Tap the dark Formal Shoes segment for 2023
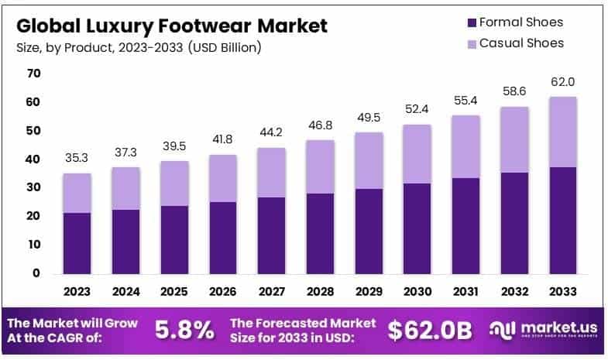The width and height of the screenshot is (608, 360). tap(77, 242)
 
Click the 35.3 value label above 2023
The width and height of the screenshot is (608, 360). tap(77, 157)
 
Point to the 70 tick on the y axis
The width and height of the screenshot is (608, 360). tap(33, 74)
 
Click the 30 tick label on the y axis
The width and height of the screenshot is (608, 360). tap(33, 187)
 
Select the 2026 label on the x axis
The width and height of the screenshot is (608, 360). tap(222, 292)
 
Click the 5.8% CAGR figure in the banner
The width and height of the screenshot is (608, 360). tap(184, 331)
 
